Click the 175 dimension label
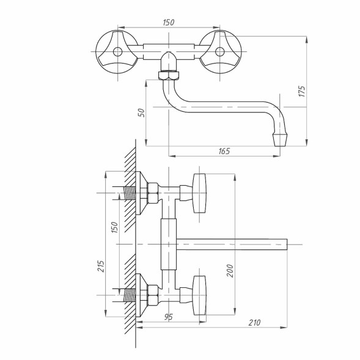point(302,91)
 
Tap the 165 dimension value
point(224,151)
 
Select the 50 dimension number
point(142,112)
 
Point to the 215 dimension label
point(101,266)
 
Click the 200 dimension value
point(230,271)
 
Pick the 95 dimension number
point(169,317)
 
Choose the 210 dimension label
point(255,323)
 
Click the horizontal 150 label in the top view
point(169,23)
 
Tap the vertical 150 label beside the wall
point(114,227)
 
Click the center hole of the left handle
point(118,52)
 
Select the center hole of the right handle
point(220,52)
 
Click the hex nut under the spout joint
point(169,76)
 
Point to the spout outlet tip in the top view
point(280,139)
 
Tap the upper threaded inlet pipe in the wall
point(130,193)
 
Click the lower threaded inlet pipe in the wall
point(130,295)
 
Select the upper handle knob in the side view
point(199,193)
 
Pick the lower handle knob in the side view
point(199,295)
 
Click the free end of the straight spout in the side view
point(287,244)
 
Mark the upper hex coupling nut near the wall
point(152,193)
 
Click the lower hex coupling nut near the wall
point(152,295)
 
